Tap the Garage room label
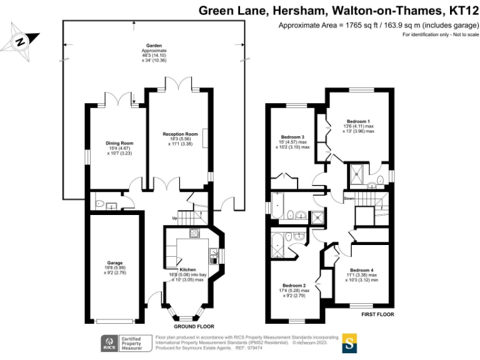pos(114,262)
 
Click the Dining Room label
pos(119,143)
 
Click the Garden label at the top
pos(154,46)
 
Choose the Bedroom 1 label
pos(359,121)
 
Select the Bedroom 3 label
pos(292,137)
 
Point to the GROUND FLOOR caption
pos(194,327)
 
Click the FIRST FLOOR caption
pos(378,315)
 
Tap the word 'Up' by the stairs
pos(174,217)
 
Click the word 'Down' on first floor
pos(349,199)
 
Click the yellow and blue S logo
pos(350,343)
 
